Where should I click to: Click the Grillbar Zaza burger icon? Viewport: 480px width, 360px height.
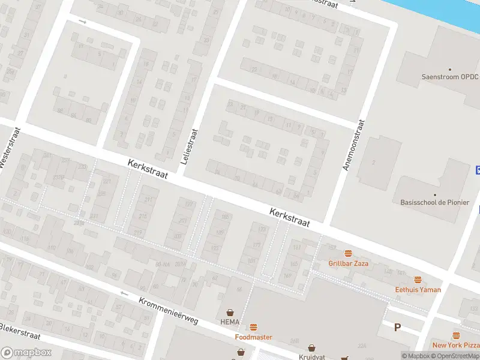pos(347,254)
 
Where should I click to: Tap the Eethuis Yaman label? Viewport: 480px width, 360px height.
pos(418,290)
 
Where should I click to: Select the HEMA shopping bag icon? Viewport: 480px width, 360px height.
pos(230,313)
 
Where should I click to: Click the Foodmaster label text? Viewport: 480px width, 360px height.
pos(253,337)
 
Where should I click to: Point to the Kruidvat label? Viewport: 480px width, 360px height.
pos(311,356)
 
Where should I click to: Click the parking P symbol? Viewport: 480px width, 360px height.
pos(397,328)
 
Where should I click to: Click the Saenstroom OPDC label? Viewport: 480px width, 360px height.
pos(449,77)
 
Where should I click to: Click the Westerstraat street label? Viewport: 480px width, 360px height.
pos(11,148)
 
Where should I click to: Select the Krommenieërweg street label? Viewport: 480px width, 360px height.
pos(168,311)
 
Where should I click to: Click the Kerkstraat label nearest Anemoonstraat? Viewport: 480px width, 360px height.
pos(289,218)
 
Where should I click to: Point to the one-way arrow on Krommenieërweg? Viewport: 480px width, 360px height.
pos(124,293)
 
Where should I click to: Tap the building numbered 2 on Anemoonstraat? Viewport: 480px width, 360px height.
pos(373,162)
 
